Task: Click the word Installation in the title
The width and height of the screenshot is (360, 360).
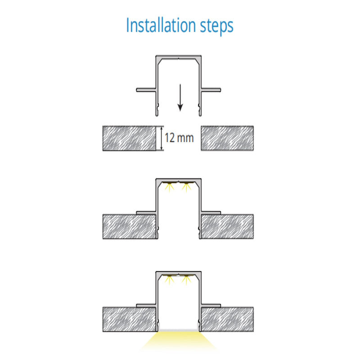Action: [x=161, y=25]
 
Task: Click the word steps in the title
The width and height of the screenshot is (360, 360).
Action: [x=217, y=27]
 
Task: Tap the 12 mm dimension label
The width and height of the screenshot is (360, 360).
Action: [x=179, y=138]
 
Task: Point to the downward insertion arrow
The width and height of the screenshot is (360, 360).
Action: [x=180, y=98]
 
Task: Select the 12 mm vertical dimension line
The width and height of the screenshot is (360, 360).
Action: [x=162, y=138]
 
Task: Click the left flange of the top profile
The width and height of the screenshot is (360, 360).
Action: [x=146, y=90]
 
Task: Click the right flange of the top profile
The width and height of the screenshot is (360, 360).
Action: [x=211, y=90]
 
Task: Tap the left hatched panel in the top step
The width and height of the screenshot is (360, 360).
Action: [x=129, y=138]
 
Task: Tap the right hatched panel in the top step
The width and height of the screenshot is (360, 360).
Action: [x=227, y=138]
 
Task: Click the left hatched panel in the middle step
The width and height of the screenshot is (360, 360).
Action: [x=130, y=227]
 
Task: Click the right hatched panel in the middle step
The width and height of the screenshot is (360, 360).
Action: [x=227, y=227]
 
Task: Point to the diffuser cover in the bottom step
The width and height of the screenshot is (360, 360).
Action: [x=179, y=330]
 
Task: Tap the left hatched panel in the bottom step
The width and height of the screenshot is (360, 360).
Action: [x=129, y=319]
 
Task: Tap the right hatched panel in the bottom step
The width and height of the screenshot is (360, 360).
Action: [x=227, y=319]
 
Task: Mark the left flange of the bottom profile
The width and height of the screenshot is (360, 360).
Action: [x=146, y=306]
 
